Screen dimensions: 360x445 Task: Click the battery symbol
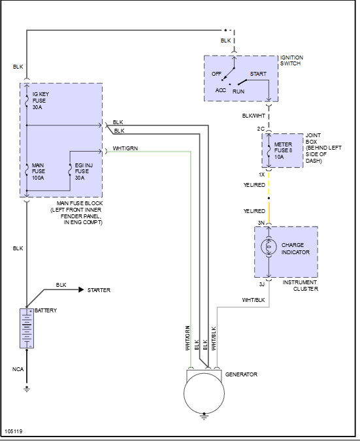pyautogui.click(x=27, y=328)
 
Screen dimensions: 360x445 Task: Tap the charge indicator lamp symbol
pyautogui.click(x=269, y=246)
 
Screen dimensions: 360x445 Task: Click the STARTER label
pyautogui.click(x=99, y=290)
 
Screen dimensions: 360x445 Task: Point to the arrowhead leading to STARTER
pyautogui.click(x=82, y=289)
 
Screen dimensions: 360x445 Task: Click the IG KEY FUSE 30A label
pyautogui.click(x=41, y=101)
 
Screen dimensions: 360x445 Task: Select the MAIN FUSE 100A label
pyautogui.click(x=39, y=171)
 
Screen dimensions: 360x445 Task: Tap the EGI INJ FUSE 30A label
pyautogui.click(x=84, y=171)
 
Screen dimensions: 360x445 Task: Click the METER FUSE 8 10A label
pyautogui.click(x=283, y=150)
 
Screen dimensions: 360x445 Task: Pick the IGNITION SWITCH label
pyautogui.click(x=291, y=61)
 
